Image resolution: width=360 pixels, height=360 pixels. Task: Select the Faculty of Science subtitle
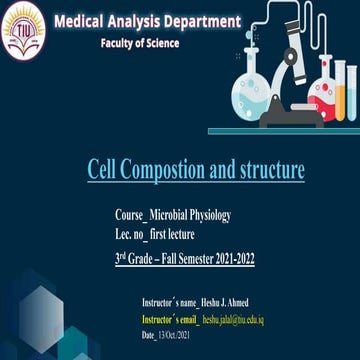pyautogui.click(x=140, y=44)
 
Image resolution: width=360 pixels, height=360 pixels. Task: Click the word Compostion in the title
pyautogui.click(x=165, y=171)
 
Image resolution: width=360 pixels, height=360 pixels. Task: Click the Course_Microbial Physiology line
pyautogui.click(x=172, y=215)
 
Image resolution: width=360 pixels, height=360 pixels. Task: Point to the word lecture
pyautogui.click(x=180, y=235)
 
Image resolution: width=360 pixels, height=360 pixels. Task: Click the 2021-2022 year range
pyautogui.click(x=231, y=258)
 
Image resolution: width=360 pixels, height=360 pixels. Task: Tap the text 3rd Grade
pyautogui.click(x=131, y=258)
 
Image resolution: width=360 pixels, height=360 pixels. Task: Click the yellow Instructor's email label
pyautogui.click(x=170, y=319)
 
